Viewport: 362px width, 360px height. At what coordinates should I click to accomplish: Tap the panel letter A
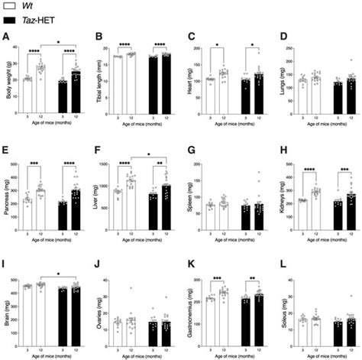pyautogui.click(x=6, y=36)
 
